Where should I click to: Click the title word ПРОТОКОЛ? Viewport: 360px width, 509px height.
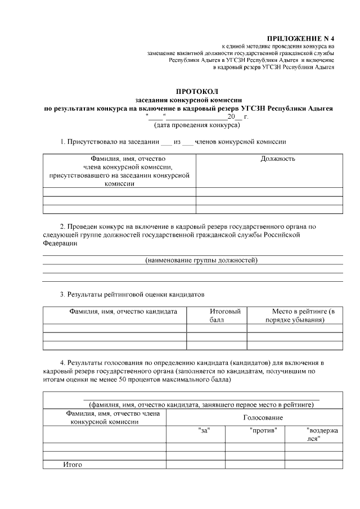(x=196, y=91)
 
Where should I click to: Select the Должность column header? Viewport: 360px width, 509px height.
(x=278, y=159)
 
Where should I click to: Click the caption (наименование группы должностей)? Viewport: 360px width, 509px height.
(x=201, y=260)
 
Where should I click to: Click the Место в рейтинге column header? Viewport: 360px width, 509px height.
(x=295, y=316)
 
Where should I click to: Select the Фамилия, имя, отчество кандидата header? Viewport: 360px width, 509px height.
(x=123, y=311)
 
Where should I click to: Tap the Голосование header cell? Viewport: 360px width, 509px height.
(x=263, y=418)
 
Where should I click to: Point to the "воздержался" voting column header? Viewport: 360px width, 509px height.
(x=321, y=434)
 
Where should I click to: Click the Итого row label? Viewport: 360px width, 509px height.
(x=72, y=465)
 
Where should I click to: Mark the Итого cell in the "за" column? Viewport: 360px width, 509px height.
(x=195, y=465)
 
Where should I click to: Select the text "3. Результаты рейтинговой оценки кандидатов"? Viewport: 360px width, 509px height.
(x=128, y=294)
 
